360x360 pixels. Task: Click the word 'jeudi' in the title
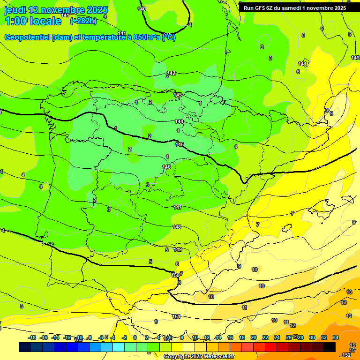pyautogui.click(x=15, y=10)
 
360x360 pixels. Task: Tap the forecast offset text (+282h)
pyautogui.click(x=83, y=21)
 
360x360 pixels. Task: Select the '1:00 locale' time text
pyautogui.click(x=33, y=21)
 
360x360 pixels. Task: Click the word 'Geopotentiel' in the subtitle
pyautogui.click(x=27, y=37)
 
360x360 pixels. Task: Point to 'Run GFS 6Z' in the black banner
pyautogui.click(x=260, y=7)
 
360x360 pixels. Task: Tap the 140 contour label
pyautogui.click(x=142, y=9)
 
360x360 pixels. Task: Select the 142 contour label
pyautogui.click(x=172, y=73)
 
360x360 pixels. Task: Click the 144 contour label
pyautogui.click(x=179, y=121)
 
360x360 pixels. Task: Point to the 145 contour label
pyautogui.click(x=180, y=144)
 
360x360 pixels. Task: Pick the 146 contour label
pyautogui.click(x=166, y=167)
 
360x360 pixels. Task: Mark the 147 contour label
pyautogui.click(x=178, y=207)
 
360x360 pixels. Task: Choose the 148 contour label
pyautogui.click(x=177, y=227)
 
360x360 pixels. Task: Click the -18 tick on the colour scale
pyautogui.click(x=32, y=337)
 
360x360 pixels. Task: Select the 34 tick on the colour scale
pyautogui.click(x=336, y=337)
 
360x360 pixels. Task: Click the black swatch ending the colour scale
pyautogui.click(x=330, y=347)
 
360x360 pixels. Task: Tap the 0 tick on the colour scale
pyautogui.click(x=135, y=337)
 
